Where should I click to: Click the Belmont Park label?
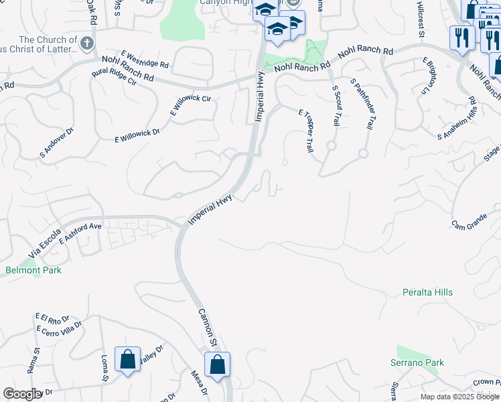(33, 270)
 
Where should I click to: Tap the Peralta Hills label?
(427, 292)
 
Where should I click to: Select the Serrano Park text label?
(417, 362)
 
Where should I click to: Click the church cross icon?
(86, 44)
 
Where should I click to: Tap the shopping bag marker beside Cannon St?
(217, 365)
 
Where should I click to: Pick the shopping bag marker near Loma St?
(127, 359)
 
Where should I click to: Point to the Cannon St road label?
(206, 328)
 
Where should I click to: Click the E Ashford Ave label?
(80, 234)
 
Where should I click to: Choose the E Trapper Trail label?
(306, 131)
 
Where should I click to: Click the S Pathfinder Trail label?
(361, 104)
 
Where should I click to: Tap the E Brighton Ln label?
(429, 76)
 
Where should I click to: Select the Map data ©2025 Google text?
(459, 397)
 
